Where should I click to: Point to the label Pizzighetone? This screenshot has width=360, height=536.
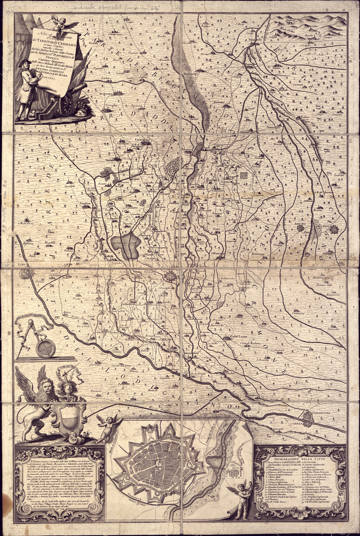coord(326,414)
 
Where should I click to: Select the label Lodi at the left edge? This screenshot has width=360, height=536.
coord(22,265)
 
